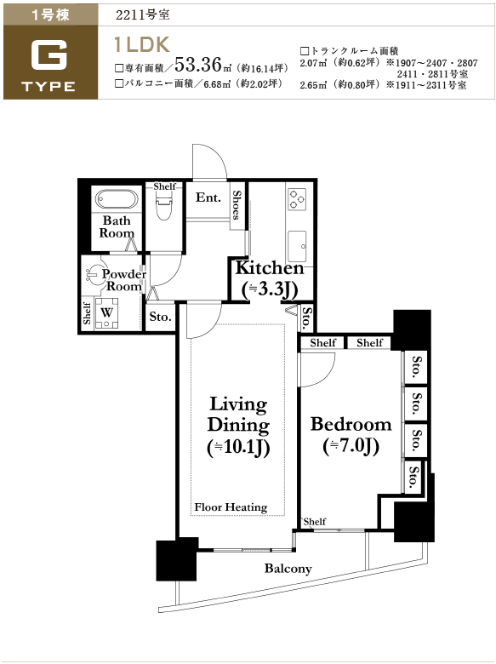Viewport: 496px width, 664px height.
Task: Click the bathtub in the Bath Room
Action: (x=117, y=199)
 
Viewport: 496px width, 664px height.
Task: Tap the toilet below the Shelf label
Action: (x=164, y=205)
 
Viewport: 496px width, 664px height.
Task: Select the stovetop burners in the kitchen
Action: (x=297, y=199)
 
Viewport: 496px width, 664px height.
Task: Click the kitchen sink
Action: (x=297, y=247)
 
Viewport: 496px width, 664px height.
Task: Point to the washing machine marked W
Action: (x=106, y=314)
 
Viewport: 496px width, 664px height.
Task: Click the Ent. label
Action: (x=208, y=197)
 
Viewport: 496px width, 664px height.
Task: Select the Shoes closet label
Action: (x=237, y=204)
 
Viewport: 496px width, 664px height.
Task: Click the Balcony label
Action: (x=288, y=569)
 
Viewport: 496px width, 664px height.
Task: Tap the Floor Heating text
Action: (x=231, y=507)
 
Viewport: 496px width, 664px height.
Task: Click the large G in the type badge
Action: (x=49, y=54)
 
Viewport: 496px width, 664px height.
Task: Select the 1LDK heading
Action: (x=142, y=44)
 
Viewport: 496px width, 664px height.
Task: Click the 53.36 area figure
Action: (x=198, y=65)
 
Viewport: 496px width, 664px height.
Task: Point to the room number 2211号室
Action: (x=143, y=14)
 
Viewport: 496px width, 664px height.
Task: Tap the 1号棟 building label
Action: (x=50, y=14)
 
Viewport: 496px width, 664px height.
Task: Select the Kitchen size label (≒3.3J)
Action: (x=270, y=289)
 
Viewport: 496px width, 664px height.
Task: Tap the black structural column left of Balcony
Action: (x=177, y=559)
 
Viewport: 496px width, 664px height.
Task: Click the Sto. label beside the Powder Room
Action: (x=160, y=317)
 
